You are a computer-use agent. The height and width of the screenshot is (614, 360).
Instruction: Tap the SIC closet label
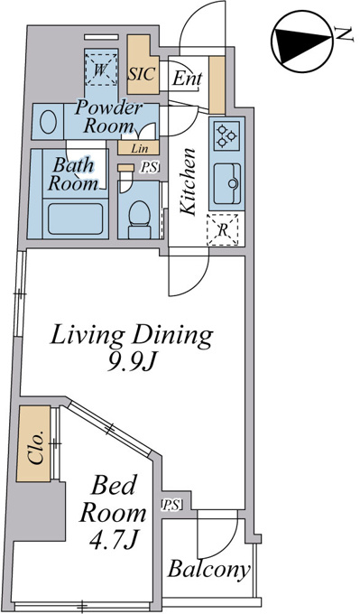142,73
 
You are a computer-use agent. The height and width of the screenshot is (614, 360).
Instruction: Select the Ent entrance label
187,79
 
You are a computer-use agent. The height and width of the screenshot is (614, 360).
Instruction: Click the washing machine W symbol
101,70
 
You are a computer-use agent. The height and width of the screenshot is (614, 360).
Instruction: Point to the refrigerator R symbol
222,230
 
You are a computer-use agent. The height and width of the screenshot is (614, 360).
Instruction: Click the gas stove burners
227,135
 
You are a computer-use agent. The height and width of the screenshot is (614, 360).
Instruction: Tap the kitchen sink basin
227,183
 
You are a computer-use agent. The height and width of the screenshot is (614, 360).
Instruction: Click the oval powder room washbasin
48,121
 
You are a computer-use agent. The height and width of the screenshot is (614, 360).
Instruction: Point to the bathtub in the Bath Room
76,219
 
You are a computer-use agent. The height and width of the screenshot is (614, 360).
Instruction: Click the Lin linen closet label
140,149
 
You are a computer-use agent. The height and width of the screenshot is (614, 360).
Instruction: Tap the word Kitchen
189,181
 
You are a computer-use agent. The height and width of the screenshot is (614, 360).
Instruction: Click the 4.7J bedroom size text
113,540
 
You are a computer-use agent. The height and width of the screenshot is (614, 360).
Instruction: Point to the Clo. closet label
35,447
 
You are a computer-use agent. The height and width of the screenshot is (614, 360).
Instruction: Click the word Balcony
208,570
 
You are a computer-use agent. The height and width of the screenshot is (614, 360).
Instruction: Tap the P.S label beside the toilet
150,168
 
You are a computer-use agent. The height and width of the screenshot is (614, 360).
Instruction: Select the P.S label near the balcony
171,506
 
